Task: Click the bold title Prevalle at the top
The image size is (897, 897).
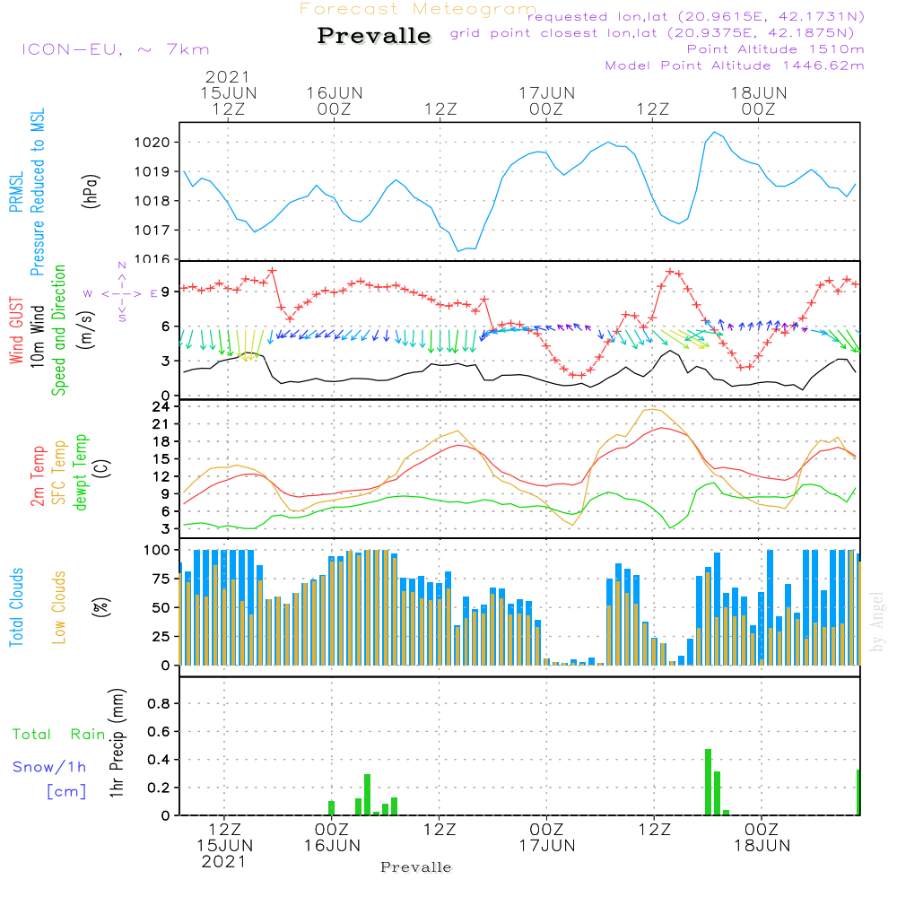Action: click(374, 36)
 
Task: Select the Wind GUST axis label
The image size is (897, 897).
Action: click(16, 320)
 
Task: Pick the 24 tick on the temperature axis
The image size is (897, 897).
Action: click(161, 406)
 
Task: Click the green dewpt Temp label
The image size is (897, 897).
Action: click(82, 472)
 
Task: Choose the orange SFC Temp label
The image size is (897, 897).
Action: click(59, 472)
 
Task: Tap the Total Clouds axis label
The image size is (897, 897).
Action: click(16, 607)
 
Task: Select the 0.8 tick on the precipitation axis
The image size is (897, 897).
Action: click(158, 704)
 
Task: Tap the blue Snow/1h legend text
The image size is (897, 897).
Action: click(49, 767)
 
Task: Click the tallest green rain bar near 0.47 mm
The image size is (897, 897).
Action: click(708, 781)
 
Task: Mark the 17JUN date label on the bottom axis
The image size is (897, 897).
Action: click(546, 845)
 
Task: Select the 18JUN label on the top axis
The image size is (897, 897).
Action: click(758, 92)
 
